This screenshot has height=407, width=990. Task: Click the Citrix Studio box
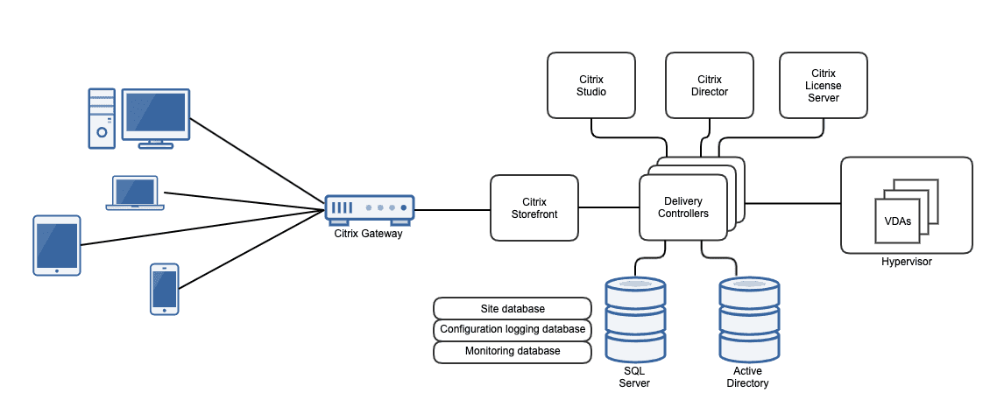tap(591, 85)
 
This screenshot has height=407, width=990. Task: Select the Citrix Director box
tap(709, 85)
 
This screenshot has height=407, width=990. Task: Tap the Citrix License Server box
tap(823, 85)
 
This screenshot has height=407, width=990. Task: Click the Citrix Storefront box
tap(534, 207)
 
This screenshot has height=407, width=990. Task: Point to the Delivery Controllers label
tap(683, 207)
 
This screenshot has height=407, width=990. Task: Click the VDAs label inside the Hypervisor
tap(897, 221)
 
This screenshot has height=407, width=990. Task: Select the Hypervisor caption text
tap(906, 262)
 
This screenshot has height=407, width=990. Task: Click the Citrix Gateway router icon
tap(369, 208)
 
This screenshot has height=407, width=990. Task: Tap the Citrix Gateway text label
tap(368, 233)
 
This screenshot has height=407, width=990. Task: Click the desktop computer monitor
tap(155, 115)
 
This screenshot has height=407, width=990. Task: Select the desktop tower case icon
tap(102, 117)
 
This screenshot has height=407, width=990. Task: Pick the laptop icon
tap(135, 193)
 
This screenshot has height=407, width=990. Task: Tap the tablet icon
tap(56, 245)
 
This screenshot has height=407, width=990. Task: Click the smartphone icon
tap(164, 288)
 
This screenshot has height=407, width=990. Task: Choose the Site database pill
tap(513, 309)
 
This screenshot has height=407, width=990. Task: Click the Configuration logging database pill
tap(513, 330)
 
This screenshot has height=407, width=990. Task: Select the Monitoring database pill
tap(513, 351)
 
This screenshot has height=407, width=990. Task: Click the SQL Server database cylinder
tap(635, 320)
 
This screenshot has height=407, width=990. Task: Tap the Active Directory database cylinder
tap(748, 320)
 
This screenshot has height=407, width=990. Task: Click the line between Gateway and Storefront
tap(452, 209)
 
